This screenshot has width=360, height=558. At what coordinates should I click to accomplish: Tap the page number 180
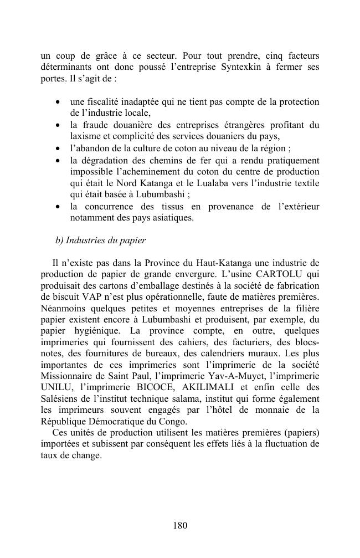180,525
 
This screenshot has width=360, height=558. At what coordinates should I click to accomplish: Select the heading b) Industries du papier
100,240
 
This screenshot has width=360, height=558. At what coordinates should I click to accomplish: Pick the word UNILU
55,387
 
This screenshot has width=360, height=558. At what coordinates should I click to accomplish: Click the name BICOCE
154,387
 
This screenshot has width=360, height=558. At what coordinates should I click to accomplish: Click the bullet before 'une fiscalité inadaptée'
58,103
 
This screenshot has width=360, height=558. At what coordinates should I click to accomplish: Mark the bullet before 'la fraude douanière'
58,126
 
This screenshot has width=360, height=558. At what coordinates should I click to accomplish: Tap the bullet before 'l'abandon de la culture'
58,149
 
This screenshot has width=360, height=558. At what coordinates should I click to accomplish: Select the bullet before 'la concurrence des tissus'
58,207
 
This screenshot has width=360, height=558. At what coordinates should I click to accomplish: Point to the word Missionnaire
69,376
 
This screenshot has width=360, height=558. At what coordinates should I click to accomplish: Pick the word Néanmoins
63,309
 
